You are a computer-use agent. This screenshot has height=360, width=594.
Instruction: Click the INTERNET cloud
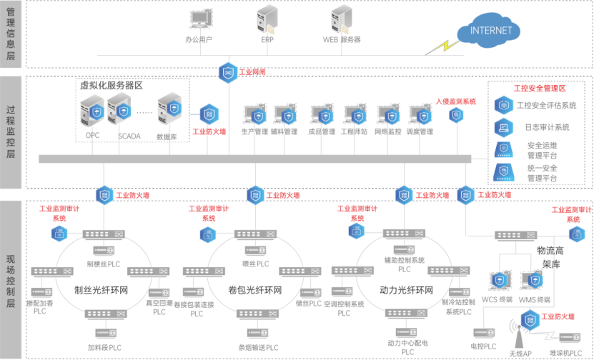(x=491, y=31)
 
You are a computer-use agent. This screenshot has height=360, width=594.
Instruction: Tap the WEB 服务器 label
(x=342, y=39)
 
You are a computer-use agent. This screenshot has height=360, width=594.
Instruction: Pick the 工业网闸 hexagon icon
(x=228, y=72)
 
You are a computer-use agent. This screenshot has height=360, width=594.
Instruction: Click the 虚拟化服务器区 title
(x=112, y=85)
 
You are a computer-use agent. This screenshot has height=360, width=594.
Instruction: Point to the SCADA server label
(x=129, y=134)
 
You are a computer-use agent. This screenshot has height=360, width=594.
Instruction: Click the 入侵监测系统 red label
(x=456, y=101)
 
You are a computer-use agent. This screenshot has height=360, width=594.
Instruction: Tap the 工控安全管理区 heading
(x=540, y=89)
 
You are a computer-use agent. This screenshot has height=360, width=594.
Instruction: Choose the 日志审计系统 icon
(x=503, y=128)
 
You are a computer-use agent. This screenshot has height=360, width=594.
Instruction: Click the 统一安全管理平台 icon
(x=503, y=172)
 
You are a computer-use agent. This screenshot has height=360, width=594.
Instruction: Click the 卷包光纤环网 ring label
(x=255, y=291)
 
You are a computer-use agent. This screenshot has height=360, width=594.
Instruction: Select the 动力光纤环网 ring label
(x=407, y=291)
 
